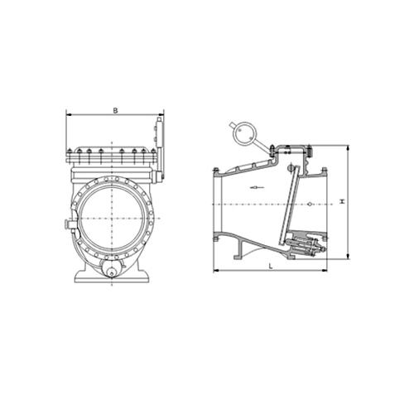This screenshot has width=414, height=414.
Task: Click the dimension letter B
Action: point(115,111)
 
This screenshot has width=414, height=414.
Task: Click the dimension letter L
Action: point(271,267)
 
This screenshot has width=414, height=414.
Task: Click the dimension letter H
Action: point(343,201)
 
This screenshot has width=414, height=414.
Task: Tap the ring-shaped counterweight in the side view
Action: point(245,134)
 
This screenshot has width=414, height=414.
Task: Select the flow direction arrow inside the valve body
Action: point(257,187)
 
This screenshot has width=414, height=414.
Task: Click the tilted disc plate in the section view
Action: point(289,205)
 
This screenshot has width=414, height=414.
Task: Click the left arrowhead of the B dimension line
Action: point(69,114)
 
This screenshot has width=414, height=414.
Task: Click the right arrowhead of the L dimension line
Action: point(325,271)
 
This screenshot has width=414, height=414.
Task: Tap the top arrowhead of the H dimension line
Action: point(349,148)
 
